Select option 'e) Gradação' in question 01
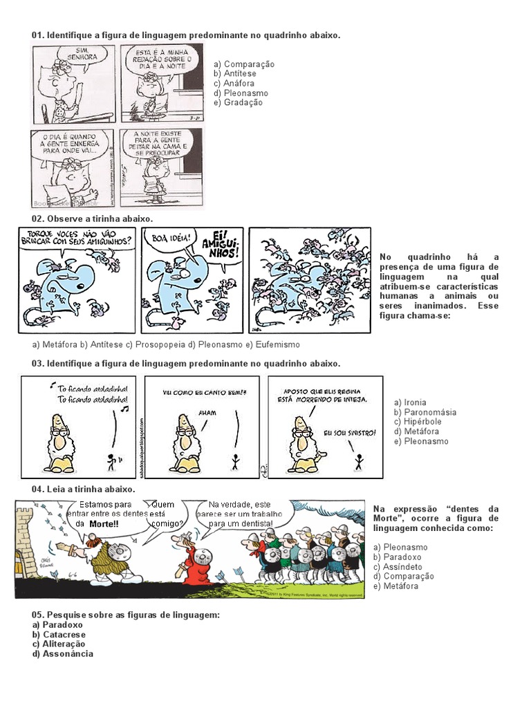(238, 103)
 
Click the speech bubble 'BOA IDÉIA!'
(168, 241)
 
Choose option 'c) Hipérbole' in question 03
(418, 422)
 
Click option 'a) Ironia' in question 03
(410, 402)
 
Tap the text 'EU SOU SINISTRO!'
(350, 433)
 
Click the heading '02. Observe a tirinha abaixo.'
(92, 218)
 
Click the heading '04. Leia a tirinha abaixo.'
(83, 489)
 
